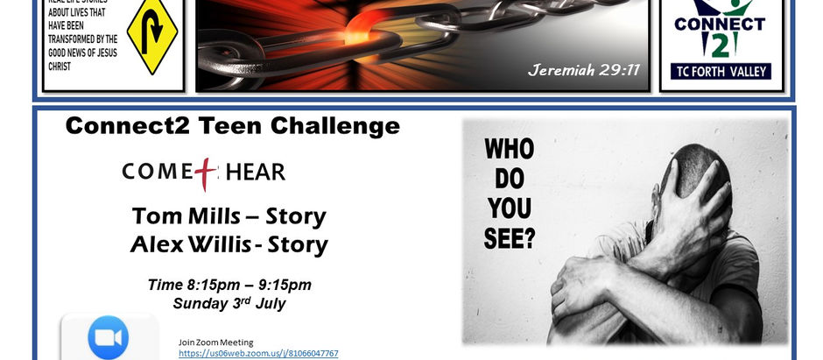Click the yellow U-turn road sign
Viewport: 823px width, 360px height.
[152, 37]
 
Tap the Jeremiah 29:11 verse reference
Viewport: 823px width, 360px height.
[584, 70]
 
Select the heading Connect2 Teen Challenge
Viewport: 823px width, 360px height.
[233, 126]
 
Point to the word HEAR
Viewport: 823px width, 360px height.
[255, 172]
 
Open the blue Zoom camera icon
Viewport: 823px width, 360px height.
[109, 337]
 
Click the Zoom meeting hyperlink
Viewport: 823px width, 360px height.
[258, 354]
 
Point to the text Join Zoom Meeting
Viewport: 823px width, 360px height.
[215, 342]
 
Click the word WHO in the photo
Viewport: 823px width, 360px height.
[509, 149]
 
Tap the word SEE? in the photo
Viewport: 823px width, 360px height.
[509, 238]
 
